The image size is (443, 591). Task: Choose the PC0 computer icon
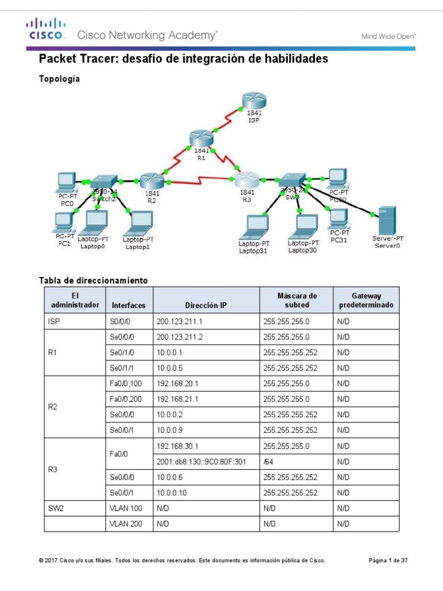pyautogui.click(x=66, y=181)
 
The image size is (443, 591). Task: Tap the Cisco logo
pyautogui.click(x=46, y=29)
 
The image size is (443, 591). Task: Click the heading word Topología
pyautogui.click(x=59, y=79)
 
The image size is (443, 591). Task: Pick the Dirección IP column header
pyautogui.click(x=207, y=305)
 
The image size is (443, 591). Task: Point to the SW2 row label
pyautogui.click(x=56, y=508)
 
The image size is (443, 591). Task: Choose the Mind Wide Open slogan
pyautogui.click(x=388, y=36)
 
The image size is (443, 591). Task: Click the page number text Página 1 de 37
pyautogui.click(x=388, y=560)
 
